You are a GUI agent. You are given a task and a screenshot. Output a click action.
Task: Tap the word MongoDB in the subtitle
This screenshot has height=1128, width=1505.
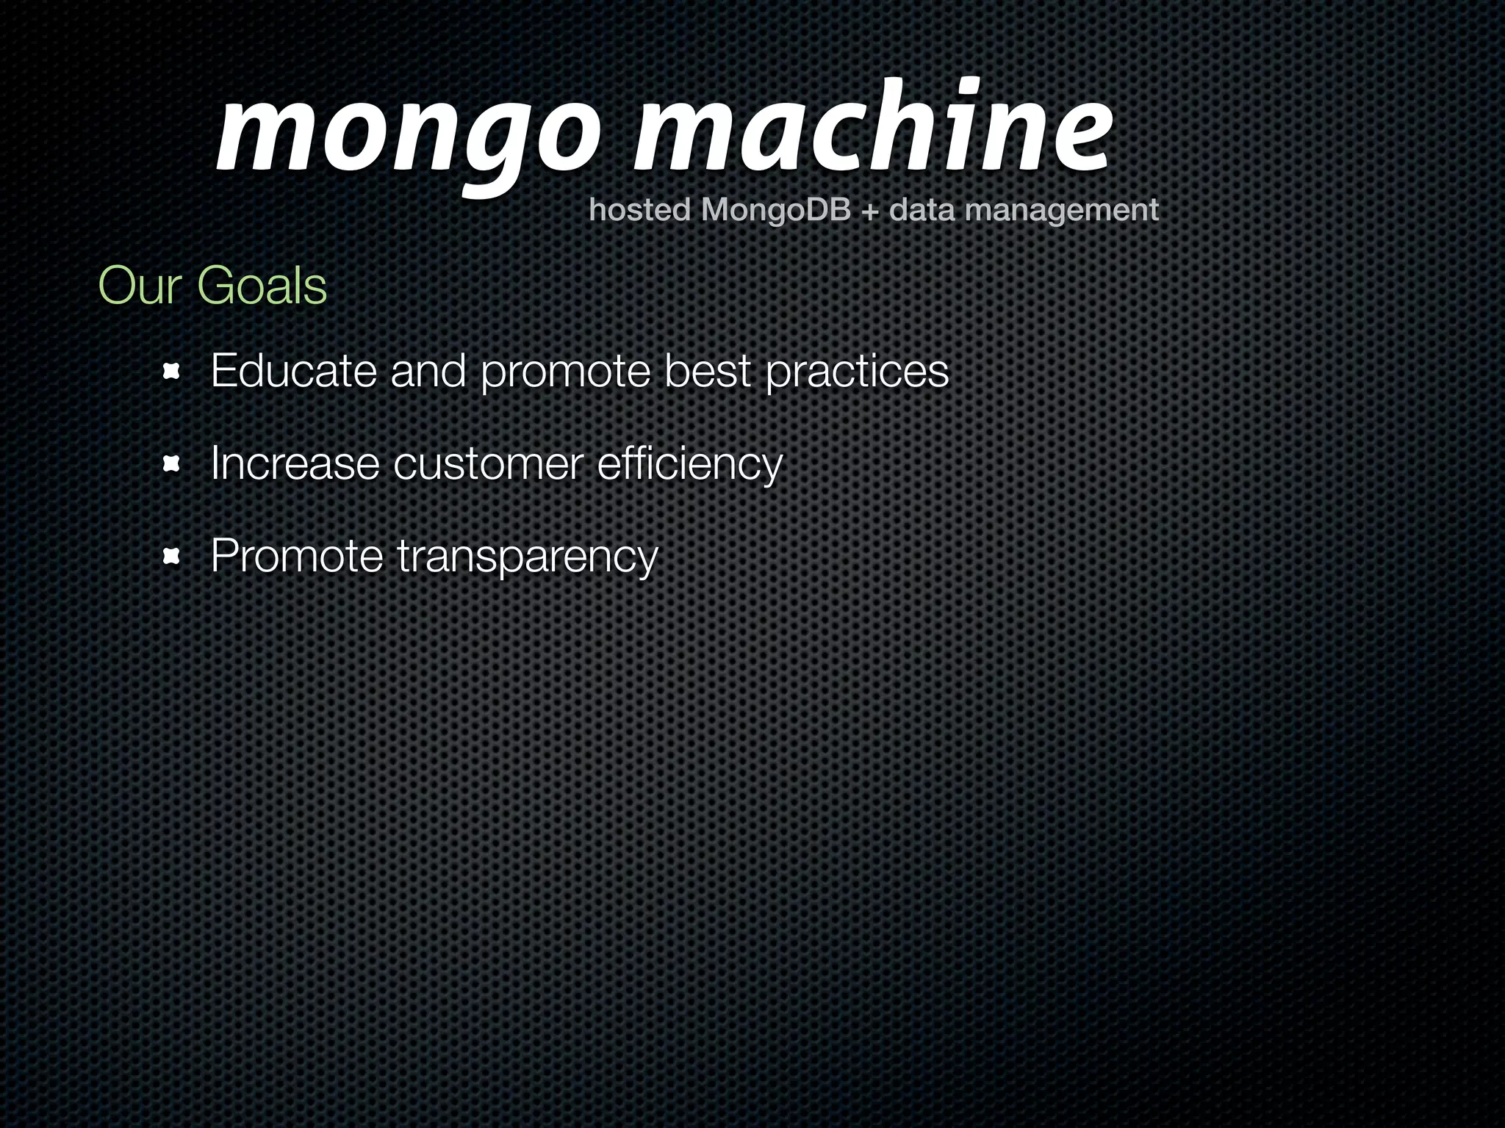(775, 211)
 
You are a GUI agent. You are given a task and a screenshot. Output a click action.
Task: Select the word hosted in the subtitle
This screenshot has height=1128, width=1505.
(639, 211)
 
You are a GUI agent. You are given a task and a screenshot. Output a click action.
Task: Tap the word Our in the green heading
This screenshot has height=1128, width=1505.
(140, 286)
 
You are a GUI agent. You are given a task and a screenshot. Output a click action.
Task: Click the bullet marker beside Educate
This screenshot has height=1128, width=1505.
(171, 372)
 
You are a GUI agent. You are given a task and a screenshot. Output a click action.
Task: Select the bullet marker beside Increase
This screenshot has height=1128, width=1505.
(171, 464)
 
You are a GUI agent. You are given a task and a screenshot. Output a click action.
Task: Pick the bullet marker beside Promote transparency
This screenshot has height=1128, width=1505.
(171, 557)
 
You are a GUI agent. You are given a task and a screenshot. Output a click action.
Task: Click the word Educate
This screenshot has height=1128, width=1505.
(294, 371)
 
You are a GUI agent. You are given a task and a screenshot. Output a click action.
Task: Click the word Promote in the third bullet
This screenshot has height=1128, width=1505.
(297, 556)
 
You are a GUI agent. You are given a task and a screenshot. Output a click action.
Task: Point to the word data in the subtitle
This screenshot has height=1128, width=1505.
(922, 211)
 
